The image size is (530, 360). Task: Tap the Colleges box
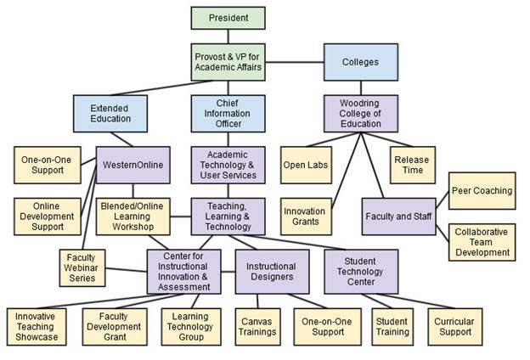pyautogui.click(x=360, y=62)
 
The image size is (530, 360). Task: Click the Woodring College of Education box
pyautogui.click(x=360, y=113)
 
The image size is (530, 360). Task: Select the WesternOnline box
pyautogui.click(x=131, y=164)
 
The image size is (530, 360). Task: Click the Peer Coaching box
pyautogui.click(x=482, y=191)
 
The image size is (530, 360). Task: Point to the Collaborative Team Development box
pyautogui.click(x=482, y=242)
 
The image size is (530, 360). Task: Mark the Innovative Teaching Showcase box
pyautogui.click(x=37, y=325)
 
